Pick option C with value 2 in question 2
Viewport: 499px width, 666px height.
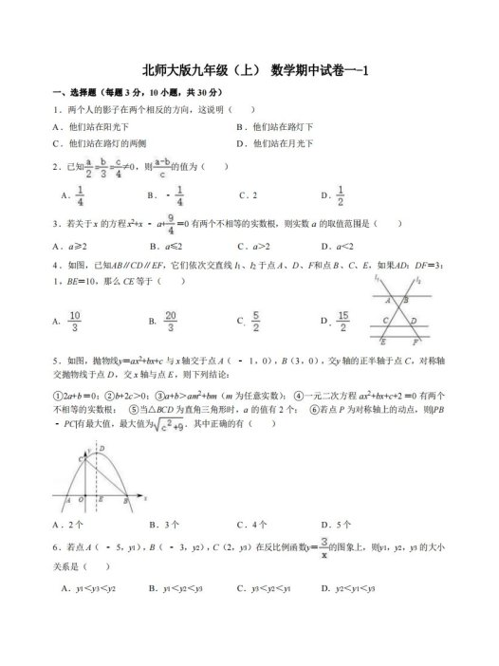tap(252, 195)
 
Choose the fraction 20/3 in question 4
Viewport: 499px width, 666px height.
tap(170, 321)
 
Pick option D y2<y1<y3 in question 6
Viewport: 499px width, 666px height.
tap(349, 589)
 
